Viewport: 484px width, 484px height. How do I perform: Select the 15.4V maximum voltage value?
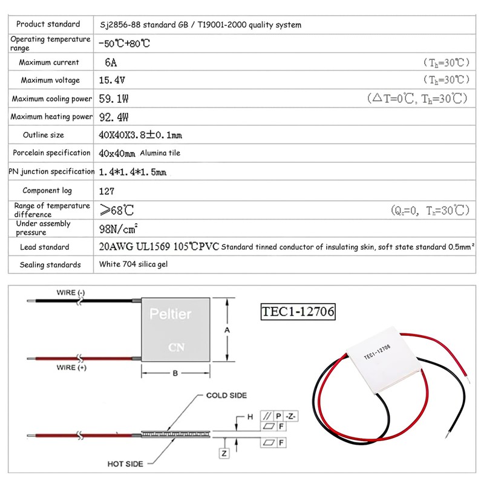pyautogui.click(x=113, y=80)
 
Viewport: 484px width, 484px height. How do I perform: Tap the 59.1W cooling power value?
pyautogui.click(x=113, y=98)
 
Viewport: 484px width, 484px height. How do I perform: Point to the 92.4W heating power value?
pyautogui.click(x=113, y=117)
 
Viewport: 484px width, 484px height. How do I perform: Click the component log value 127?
pyautogui.click(x=107, y=191)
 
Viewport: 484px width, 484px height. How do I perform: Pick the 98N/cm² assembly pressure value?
pyautogui.click(x=119, y=228)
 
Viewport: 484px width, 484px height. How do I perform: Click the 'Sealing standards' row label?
pyautogui.click(x=50, y=264)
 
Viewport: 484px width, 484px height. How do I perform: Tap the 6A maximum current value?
pyautogui.click(x=111, y=62)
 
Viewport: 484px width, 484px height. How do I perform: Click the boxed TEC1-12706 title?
pyautogui.click(x=298, y=312)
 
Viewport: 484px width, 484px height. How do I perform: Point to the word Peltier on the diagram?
pyautogui.click(x=170, y=315)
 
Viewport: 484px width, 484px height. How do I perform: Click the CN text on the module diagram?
pyautogui.click(x=175, y=348)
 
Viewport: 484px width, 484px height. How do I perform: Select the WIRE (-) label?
pyautogui.click(x=71, y=293)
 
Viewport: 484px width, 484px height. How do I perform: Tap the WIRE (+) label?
pyautogui.click(x=71, y=368)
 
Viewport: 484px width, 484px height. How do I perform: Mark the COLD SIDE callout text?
pyautogui.click(x=226, y=395)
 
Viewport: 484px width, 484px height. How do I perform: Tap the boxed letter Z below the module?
pyautogui.click(x=225, y=453)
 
